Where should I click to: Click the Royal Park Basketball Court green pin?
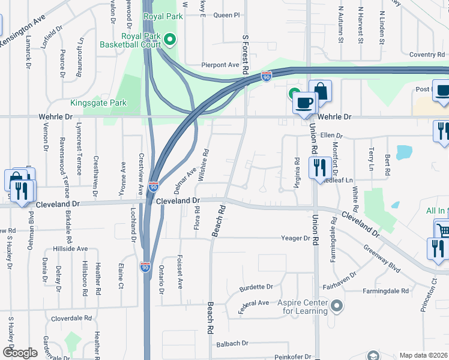pos(170,40)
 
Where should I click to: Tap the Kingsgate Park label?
pos(98,103)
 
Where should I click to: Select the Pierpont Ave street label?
pos(220,65)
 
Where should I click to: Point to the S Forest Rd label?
pos(246,55)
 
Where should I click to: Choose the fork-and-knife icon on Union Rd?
pos(317,167)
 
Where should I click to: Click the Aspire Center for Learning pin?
pos(337,307)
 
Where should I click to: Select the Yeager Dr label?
pos(295,238)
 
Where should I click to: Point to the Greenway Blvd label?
pos(382,258)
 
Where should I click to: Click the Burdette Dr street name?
pos(256,287)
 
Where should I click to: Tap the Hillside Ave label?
pos(70,248)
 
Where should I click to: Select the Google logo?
pos(20,352)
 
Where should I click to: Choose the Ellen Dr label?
pos(331,136)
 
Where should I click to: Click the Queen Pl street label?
pos(226,14)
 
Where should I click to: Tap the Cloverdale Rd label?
pos(71,318)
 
